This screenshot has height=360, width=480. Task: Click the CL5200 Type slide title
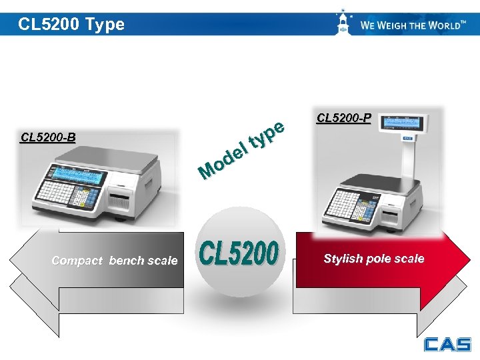click(71, 25)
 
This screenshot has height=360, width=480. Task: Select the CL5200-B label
click(48, 138)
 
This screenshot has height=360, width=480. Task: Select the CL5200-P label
click(344, 119)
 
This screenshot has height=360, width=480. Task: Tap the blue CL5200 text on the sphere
click(239, 254)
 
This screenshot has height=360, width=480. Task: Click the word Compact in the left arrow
click(77, 261)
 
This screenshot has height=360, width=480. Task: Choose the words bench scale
click(143, 261)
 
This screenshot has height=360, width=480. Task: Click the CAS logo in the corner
click(447, 343)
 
